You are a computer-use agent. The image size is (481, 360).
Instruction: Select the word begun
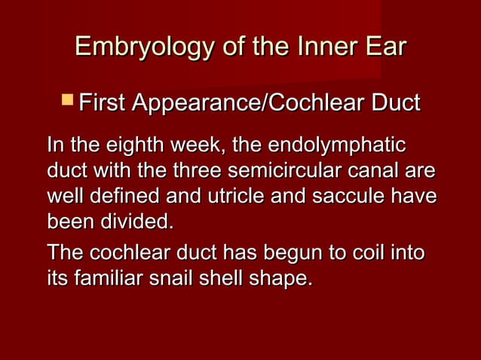pos(267,252)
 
